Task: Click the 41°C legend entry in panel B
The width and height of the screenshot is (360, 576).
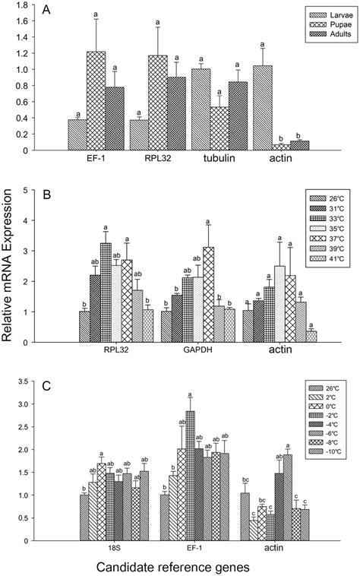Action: pos(329,260)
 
